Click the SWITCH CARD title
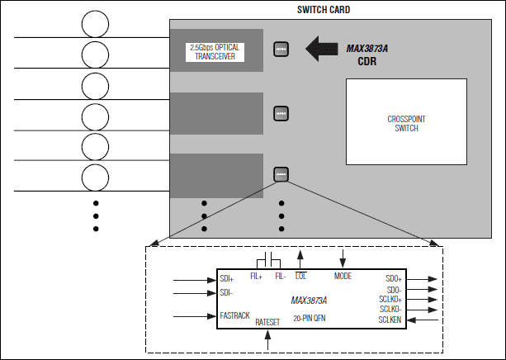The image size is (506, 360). click(324, 10)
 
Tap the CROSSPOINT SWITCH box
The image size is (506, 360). click(405, 124)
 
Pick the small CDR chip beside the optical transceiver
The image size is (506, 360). click(281, 49)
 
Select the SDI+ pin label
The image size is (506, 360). click(227, 279)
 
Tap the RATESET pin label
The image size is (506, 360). click(268, 322)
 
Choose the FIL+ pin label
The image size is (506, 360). click(256, 276)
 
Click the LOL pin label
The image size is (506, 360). click(300, 276)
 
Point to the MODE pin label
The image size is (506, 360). click(343, 275)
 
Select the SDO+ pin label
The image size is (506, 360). click(393, 279)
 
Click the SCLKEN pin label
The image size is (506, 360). click(390, 320)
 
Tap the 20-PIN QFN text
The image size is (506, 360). click(308, 318)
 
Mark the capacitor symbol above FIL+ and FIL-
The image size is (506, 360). click(270, 256)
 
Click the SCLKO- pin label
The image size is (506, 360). click(390, 309)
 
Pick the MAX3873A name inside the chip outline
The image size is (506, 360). click(309, 300)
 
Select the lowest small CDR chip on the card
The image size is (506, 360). click(281, 174)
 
